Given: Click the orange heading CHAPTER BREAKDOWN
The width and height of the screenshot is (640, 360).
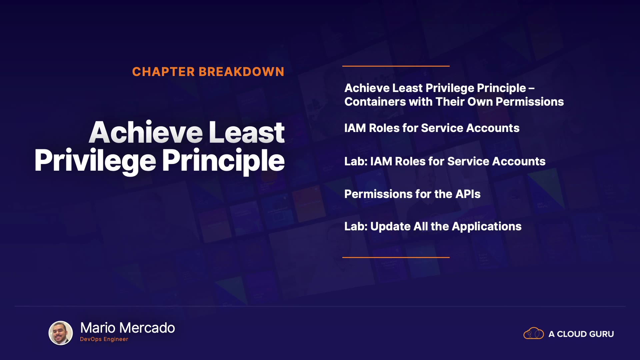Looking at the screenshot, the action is [208, 72].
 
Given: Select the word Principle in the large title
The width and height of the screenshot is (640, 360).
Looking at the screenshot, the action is [223, 161].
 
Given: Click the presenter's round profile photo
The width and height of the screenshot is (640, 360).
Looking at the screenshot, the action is [61, 333].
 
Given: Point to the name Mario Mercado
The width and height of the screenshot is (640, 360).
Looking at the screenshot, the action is [128, 328].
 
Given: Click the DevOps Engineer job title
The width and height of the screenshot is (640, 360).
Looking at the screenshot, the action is [104, 339].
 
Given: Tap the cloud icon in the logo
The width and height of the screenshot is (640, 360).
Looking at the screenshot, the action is [534, 333].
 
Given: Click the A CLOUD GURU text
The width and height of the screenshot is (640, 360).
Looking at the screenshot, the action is [581, 334].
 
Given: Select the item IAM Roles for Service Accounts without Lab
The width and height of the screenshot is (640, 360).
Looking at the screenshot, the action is [432, 128].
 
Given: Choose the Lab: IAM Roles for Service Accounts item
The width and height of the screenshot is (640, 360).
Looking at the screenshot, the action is [445, 161].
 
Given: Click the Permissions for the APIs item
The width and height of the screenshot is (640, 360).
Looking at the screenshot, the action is [412, 194].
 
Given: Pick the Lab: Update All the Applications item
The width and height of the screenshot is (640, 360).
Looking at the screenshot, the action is [433, 227].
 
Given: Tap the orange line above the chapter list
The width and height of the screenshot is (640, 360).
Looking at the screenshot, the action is [396, 66].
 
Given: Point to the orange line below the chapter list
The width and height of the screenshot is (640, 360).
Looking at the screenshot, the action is [396, 257].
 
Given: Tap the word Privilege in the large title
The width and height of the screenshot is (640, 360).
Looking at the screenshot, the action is [95, 161].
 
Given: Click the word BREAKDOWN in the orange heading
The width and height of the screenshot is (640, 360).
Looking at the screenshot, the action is [241, 72].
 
